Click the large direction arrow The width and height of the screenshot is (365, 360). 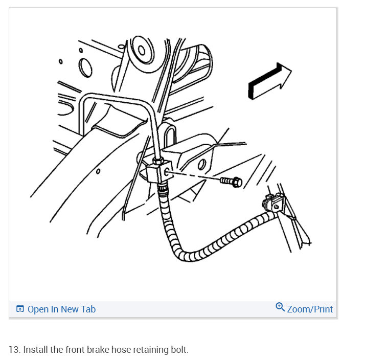click(268, 80)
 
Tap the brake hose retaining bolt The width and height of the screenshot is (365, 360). click(231, 181)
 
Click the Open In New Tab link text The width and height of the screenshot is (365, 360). click(61, 309)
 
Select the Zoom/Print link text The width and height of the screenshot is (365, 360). click(310, 309)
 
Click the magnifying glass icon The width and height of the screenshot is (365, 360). click(280, 307)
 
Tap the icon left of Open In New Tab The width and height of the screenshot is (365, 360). click(20, 309)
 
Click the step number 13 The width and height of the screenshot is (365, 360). click(14, 350)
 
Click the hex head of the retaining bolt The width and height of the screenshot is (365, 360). click(237, 182)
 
